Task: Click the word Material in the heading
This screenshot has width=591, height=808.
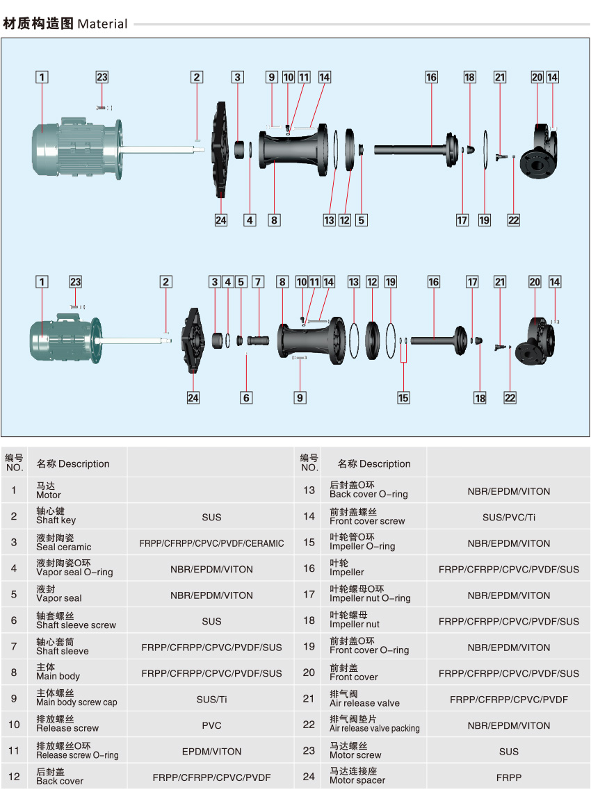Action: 102,24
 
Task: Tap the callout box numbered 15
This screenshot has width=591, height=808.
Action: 403,398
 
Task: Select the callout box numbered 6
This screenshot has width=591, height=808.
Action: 246,398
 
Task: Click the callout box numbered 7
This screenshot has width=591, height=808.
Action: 258,282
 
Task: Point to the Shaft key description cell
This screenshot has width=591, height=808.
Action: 56,516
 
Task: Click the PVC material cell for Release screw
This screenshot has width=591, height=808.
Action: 212,725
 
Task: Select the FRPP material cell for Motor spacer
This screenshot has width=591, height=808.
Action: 508,777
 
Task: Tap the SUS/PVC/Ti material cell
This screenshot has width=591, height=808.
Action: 508,517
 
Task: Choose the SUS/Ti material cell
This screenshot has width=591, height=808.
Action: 212,700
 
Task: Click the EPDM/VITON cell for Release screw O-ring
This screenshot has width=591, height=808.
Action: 212,751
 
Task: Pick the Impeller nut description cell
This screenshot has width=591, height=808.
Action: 355,620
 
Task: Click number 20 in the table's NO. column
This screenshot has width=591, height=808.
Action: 309,673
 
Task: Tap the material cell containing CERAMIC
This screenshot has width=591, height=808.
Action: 212,543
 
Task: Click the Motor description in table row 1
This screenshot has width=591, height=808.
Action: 49,490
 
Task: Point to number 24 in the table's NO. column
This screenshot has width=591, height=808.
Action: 309,777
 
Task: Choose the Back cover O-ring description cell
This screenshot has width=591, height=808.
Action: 369,490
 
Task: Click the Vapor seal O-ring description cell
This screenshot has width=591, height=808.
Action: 74,568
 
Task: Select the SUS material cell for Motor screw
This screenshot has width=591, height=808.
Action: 508,751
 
